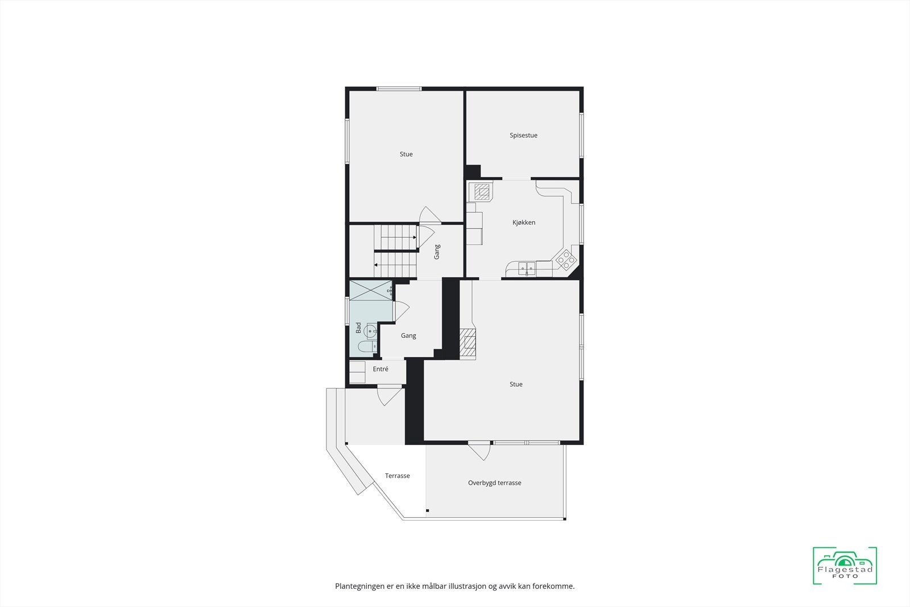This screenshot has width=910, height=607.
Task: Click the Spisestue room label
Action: pyautogui.click(x=523, y=135)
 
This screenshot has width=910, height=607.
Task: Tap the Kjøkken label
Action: pyautogui.click(x=523, y=222)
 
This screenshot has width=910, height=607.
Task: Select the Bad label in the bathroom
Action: pyautogui.click(x=358, y=328)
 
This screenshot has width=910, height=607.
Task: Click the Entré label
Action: pyautogui.click(x=380, y=369)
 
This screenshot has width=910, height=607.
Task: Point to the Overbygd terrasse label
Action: pyautogui.click(x=494, y=483)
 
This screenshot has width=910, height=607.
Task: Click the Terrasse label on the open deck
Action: pyautogui.click(x=397, y=476)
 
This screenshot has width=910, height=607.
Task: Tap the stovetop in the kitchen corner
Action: pyautogui.click(x=566, y=260)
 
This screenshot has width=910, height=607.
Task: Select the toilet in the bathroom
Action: pyautogui.click(x=366, y=346)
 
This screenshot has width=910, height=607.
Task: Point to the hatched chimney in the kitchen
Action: pyautogui.click(x=483, y=192)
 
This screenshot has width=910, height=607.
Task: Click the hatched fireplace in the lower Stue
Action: pyautogui.click(x=468, y=344)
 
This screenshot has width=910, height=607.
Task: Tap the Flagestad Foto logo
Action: pyautogui.click(x=845, y=565)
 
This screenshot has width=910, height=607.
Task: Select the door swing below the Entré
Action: pyautogui.click(x=390, y=395)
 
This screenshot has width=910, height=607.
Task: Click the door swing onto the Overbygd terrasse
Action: pyautogui.click(x=479, y=451)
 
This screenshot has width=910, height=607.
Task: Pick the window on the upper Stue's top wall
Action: pyautogui.click(x=399, y=88)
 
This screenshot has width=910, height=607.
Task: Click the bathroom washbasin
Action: pyautogui.click(x=371, y=330)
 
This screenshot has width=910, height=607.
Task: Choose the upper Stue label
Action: pyautogui.click(x=406, y=154)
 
